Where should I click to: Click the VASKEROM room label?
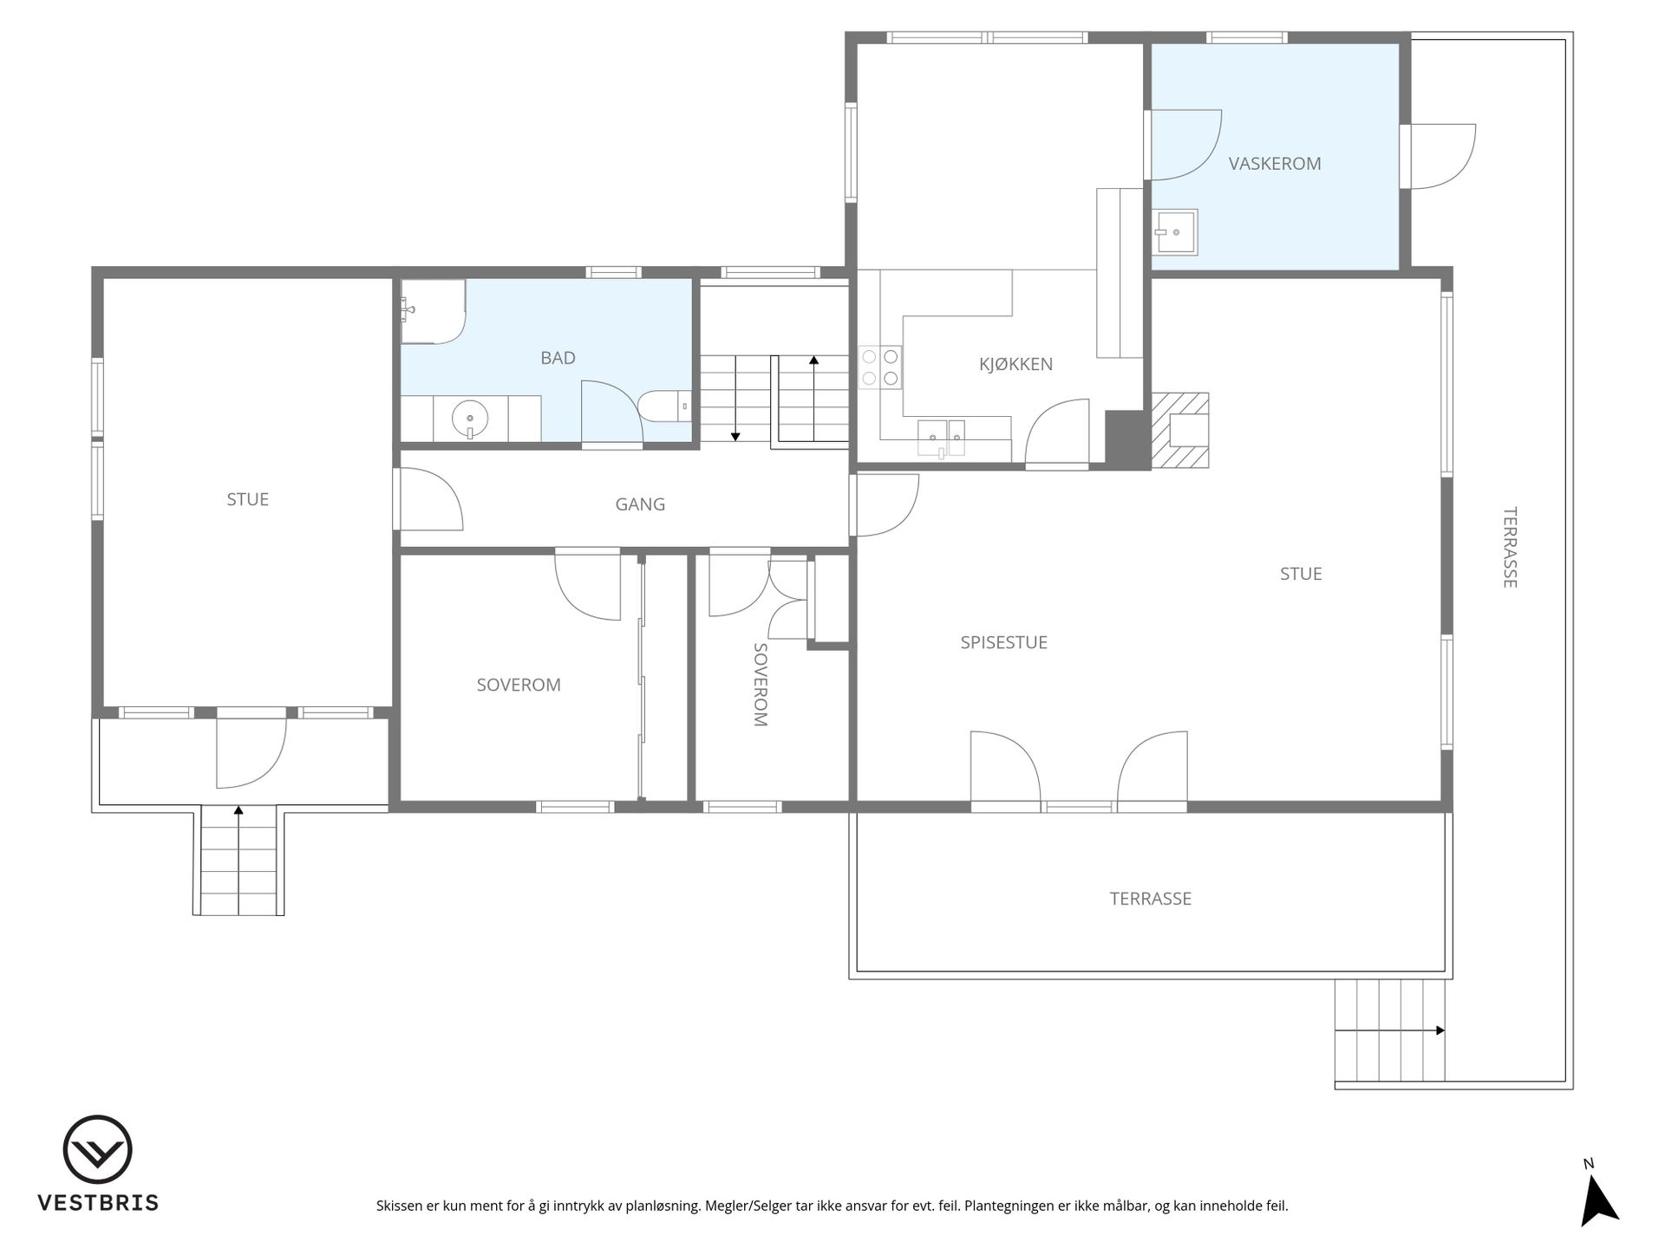point(1274,163)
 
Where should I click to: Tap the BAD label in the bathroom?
point(558,357)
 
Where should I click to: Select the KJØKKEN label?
point(1015,363)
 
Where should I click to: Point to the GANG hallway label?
point(640,504)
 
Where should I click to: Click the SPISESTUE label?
point(1003,642)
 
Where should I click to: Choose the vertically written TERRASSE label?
point(1510,548)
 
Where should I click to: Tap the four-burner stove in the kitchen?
point(880,367)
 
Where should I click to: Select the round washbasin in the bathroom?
point(470,419)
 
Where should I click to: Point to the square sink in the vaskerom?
point(1175,232)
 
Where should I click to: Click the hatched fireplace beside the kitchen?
point(1179,431)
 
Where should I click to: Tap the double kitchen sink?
point(941,439)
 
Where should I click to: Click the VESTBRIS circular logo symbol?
point(97,1149)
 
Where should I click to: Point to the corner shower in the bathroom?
point(433,311)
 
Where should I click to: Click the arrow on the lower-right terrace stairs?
point(1390,1030)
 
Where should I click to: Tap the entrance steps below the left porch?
point(238,860)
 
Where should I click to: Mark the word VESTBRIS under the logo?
point(97,1203)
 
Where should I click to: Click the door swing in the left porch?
point(251,753)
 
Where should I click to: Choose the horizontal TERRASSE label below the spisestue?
point(1150,899)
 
